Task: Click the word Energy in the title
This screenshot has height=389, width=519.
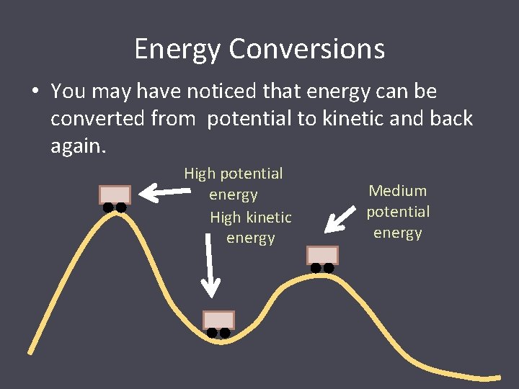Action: click(x=178, y=50)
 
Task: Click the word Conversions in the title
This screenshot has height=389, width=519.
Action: click(x=307, y=50)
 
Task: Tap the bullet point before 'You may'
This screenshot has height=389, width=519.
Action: click(x=35, y=92)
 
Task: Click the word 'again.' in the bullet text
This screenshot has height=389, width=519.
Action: click(x=79, y=146)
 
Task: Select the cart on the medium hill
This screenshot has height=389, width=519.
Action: click(x=322, y=256)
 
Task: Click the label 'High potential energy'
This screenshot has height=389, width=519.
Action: click(x=233, y=184)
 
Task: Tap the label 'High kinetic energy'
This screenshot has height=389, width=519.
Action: click(x=250, y=227)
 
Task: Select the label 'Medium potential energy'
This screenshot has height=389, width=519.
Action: click(x=397, y=212)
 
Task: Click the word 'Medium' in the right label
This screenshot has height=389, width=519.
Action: click(x=397, y=191)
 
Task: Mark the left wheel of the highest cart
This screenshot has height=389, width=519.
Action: click(x=108, y=207)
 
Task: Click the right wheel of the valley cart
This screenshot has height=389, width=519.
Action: click(x=225, y=333)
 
